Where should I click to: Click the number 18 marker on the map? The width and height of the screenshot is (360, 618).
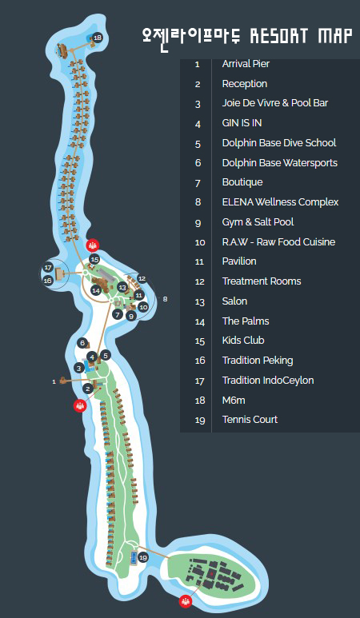[x=98, y=38]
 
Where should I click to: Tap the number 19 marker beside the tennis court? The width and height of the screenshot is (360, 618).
[x=143, y=558]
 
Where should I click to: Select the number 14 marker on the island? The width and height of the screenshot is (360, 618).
[x=96, y=290]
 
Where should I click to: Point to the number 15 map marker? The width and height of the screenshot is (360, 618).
[x=94, y=259]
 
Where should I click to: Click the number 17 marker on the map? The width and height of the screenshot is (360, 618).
[x=48, y=268]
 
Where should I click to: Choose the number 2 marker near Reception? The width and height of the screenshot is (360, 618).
[x=87, y=389]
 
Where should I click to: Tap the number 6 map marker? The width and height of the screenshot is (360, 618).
[x=82, y=343]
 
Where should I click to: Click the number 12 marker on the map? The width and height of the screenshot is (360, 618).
[x=142, y=279]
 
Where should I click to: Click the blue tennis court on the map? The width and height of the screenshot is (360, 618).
[x=134, y=558]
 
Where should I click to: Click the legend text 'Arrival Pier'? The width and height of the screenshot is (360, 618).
[x=246, y=64]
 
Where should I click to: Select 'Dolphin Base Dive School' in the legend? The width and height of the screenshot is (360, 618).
[x=279, y=142]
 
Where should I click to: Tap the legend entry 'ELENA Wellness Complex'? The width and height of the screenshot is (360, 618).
[x=280, y=202]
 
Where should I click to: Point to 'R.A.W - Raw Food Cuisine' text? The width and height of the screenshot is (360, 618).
[x=278, y=241]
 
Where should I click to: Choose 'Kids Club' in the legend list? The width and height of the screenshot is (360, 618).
[x=243, y=341]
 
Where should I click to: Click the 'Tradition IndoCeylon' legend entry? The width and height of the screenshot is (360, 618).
[x=268, y=381]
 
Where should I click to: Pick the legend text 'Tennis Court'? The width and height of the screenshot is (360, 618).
[x=250, y=420]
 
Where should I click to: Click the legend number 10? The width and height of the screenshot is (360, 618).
[x=200, y=242]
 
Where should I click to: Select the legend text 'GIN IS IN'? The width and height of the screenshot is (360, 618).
[x=242, y=123]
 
